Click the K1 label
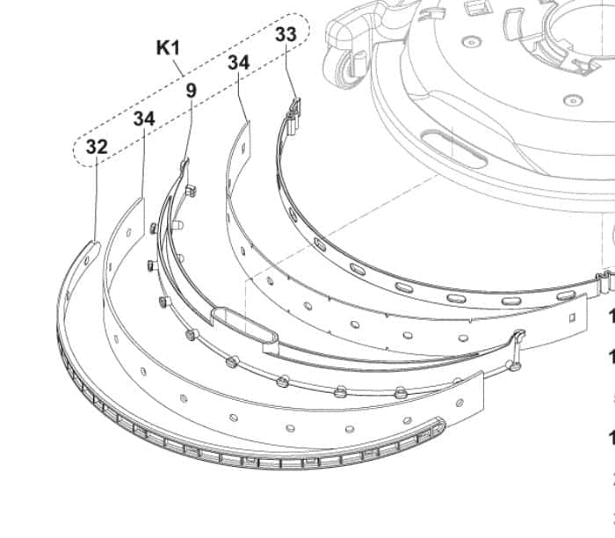click(x=168, y=48)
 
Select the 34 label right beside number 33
click(x=238, y=62)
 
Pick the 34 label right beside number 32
click(x=144, y=118)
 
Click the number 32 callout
click(x=97, y=147)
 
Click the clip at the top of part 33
click(x=294, y=110)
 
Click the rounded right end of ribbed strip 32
click(x=439, y=425)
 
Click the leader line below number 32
click(x=96, y=198)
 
